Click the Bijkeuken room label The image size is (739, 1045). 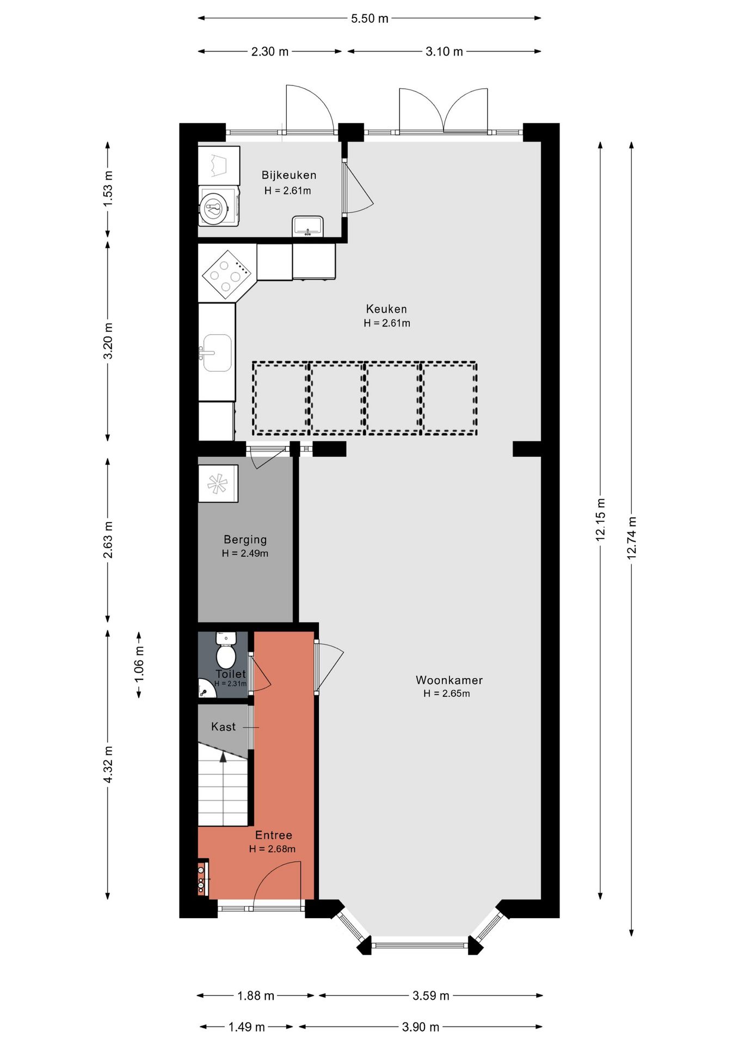tap(289, 175)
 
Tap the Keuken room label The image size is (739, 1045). tap(386, 309)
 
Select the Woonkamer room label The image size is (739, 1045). tap(449, 680)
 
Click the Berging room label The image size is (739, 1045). tap(245, 540)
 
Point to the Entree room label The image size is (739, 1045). tap(274, 835)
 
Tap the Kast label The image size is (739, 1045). tap(224, 727)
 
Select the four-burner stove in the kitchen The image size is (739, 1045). tap(227, 274)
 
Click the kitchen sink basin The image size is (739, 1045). tap(217, 353)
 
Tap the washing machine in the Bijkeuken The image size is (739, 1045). tap(219, 206)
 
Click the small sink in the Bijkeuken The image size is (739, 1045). tap(308, 226)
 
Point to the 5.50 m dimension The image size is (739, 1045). tap(369, 19)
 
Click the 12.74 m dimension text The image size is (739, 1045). tap(632, 538)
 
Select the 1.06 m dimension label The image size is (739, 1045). tap(139, 665)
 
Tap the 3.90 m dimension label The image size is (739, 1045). tap(421, 1027)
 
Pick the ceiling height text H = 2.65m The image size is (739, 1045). tap(447, 693)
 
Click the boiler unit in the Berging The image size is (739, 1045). tap(218, 483)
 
